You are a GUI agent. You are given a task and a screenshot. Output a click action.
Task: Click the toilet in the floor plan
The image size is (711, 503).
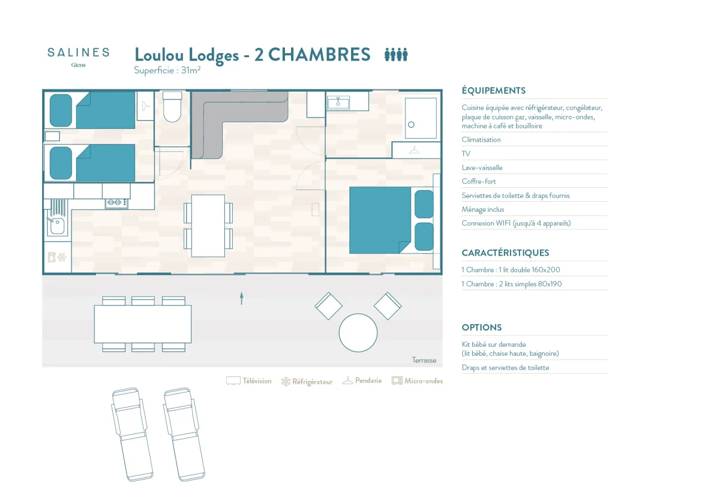point(172,107)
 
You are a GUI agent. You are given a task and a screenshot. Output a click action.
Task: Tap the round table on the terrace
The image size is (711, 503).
point(358,333)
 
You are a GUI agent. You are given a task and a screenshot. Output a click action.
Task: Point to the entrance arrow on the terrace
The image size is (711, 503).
point(242,298)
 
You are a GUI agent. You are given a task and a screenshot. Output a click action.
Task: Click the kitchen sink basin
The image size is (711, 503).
point(57,226)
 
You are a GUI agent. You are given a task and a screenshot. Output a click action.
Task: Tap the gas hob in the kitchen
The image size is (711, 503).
point(117,202)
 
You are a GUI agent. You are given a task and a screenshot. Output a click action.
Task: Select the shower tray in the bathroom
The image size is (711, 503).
point(420,118)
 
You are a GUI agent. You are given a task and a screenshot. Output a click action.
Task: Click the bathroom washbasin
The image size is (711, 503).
point(338,103)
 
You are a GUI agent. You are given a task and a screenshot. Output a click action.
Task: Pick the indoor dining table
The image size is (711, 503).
point(208,226)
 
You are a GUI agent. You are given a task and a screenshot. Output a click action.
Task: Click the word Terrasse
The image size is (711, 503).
point(424,360)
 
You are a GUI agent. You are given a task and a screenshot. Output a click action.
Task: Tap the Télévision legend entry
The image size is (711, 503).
point(249,381)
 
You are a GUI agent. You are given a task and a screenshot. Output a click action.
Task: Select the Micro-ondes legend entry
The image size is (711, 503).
point(417,381)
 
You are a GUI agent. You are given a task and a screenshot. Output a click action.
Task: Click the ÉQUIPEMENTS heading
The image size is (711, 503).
point(494,91)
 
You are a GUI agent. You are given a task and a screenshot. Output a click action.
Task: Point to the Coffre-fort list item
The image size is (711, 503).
point(479,181)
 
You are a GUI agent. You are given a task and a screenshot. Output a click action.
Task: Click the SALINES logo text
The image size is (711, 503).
point(78,52)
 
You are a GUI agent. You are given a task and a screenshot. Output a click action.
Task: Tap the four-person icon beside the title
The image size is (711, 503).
point(396,54)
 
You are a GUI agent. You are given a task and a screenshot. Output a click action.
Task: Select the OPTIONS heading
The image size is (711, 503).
point(482,327)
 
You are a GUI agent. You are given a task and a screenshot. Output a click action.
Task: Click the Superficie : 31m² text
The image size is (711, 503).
point(167,70)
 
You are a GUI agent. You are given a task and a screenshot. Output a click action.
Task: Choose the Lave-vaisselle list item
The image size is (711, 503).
point(482,168)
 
